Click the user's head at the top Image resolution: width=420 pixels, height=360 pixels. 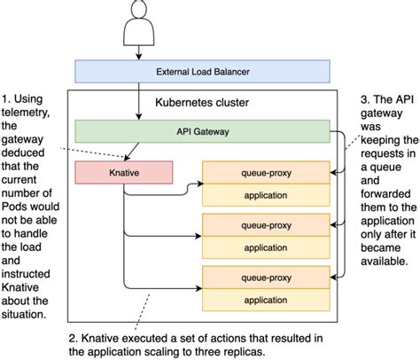coord(139,10)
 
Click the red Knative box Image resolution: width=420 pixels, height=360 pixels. coord(123,171)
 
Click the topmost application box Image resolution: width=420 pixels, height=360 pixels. coord(268,193)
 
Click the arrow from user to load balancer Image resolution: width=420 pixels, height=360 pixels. coord(139,50)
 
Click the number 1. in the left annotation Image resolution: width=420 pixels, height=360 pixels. coord(9,96)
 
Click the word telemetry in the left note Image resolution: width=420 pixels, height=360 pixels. coord(33,113)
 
